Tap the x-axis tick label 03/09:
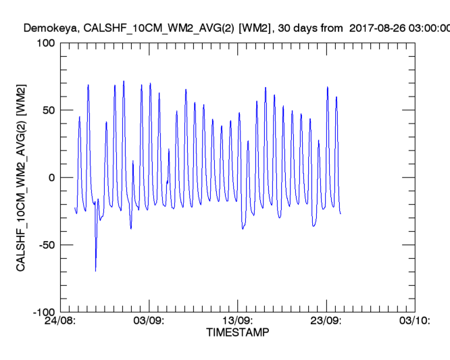(149, 322)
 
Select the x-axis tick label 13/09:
(238, 322)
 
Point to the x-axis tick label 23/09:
(326, 322)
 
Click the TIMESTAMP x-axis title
(237, 334)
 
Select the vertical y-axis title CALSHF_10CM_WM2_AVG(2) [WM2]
(21, 178)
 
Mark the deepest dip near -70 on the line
(96, 271)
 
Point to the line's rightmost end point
(341, 213)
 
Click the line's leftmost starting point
(75, 207)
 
